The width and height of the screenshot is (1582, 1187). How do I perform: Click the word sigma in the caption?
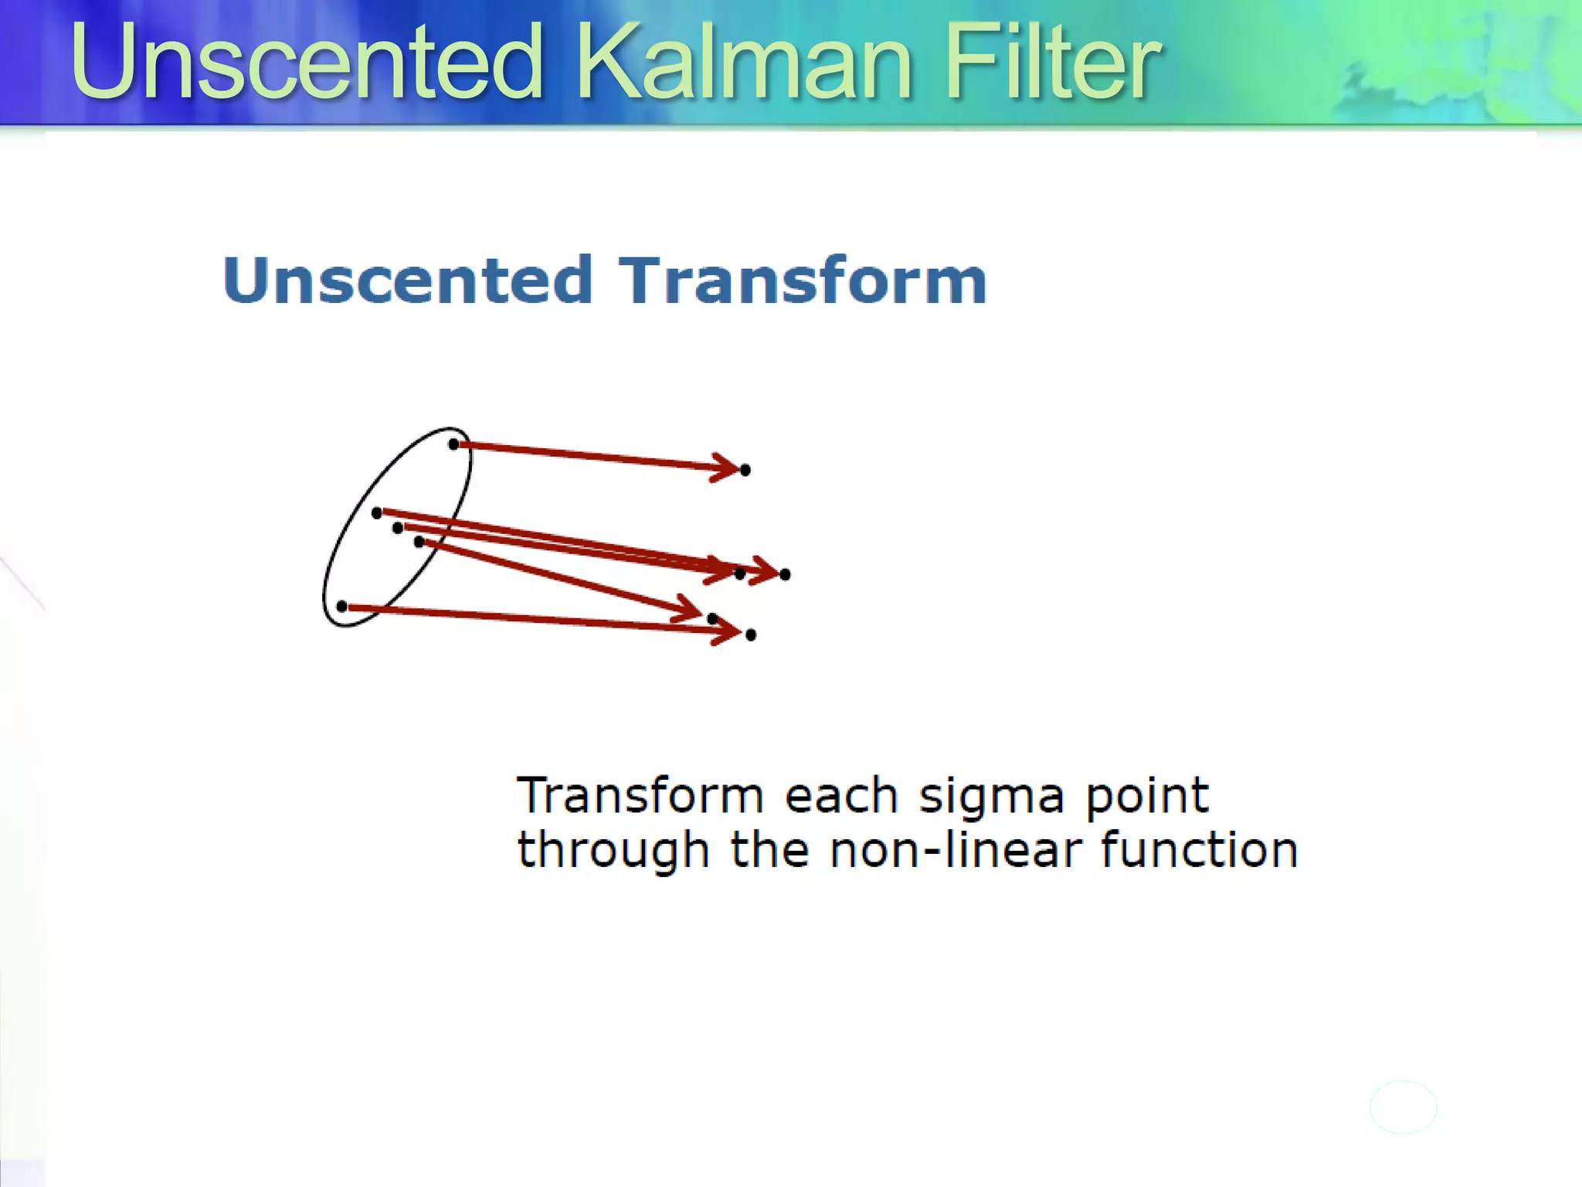(x=991, y=796)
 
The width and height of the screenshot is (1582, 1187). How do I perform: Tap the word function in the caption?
(x=1199, y=850)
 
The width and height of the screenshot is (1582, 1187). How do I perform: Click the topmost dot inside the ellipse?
(x=454, y=444)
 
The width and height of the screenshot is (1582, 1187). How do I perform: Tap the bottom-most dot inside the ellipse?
(x=342, y=607)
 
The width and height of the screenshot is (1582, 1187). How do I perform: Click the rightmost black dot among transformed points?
(x=785, y=574)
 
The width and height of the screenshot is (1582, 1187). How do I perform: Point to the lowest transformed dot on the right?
(x=751, y=635)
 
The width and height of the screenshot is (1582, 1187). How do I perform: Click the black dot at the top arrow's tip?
(x=745, y=470)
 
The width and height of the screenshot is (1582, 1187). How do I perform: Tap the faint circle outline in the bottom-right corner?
(x=1403, y=1107)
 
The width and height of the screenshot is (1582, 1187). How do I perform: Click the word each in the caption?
(x=841, y=796)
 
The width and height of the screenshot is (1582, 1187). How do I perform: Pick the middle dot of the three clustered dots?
(x=398, y=528)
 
